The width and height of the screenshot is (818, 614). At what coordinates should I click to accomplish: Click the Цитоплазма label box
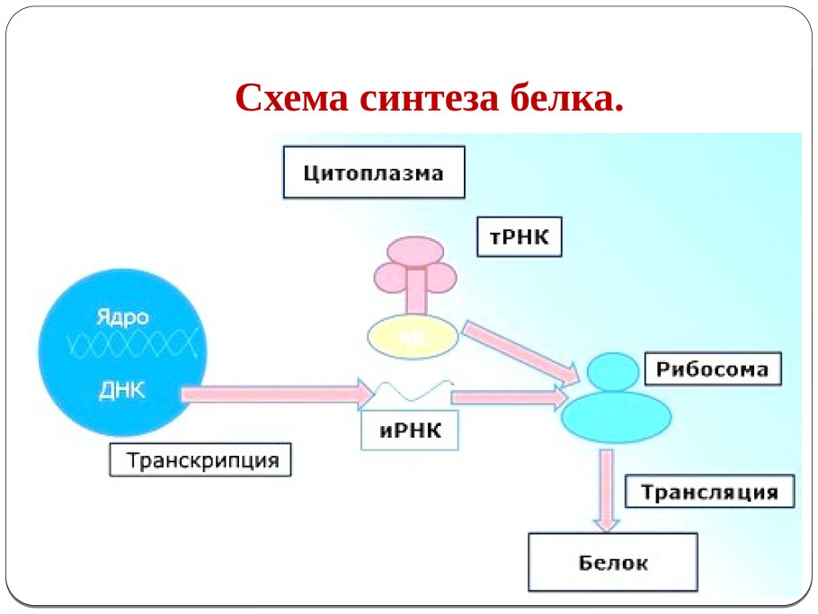click(x=374, y=173)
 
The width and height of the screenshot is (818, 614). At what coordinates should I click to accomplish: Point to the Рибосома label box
click(x=712, y=369)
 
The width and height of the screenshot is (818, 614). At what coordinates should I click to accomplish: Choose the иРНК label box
click(x=410, y=430)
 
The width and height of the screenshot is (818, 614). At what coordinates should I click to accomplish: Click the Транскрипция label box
click(x=202, y=461)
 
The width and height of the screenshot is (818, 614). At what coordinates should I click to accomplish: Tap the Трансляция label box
click(x=709, y=493)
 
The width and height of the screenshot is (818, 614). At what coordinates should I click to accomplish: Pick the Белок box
click(x=612, y=563)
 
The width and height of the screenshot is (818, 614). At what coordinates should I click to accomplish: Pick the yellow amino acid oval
click(x=413, y=335)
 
